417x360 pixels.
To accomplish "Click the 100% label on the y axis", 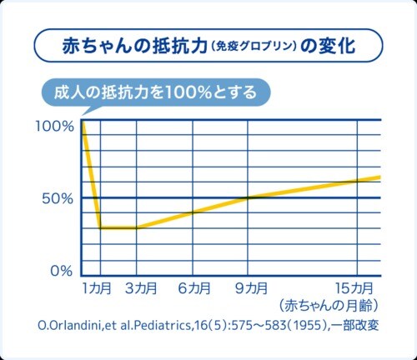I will point(54,126).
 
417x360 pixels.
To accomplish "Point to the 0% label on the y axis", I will point(61,271).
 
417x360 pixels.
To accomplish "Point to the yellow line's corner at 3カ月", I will point(136,227).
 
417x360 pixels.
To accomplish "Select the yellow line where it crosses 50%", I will point(249,197).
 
